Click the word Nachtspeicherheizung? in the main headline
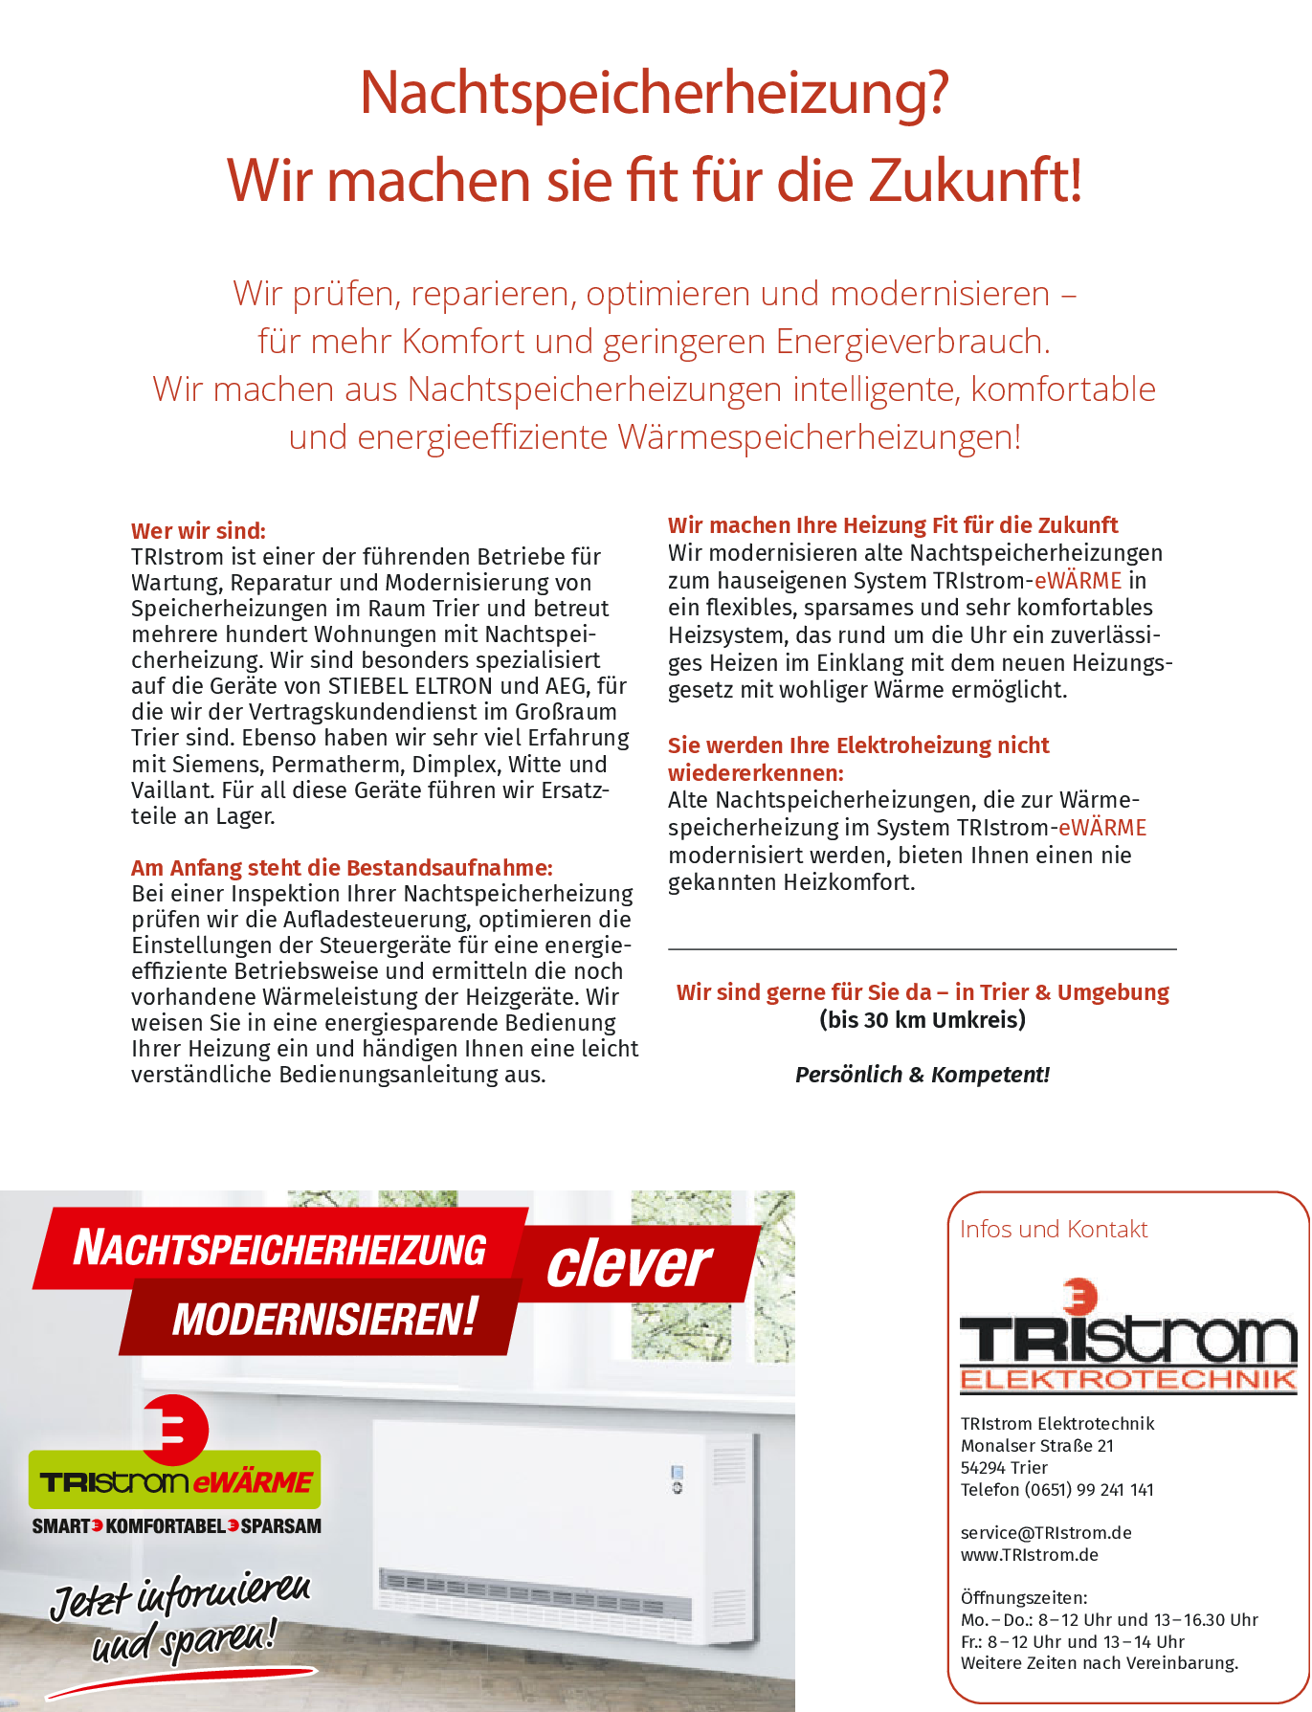point(654,93)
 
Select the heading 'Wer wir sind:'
point(198,531)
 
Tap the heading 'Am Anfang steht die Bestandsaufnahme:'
point(342,868)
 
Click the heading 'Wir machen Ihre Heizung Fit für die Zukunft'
point(892,525)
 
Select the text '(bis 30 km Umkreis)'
point(922,1020)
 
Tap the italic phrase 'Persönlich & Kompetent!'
point(922,1075)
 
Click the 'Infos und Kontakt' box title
point(1053,1230)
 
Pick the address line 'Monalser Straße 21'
point(1036,1446)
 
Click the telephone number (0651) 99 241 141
point(1089,1490)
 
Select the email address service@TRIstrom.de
point(1045,1533)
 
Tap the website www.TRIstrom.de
point(1029,1555)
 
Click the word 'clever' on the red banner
point(629,1265)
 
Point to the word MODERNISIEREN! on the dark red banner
point(323,1320)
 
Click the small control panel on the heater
point(677,1479)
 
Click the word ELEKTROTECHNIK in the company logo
point(1127,1380)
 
